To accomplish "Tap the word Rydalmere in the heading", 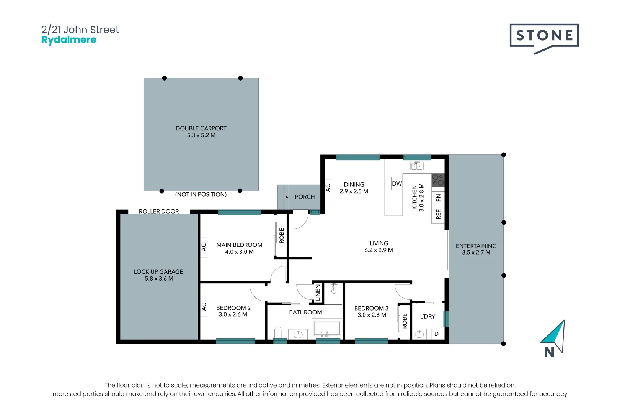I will click(x=69, y=40).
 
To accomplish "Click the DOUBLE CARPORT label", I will click(x=201, y=128).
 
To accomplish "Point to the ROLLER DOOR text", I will click(x=159, y=211).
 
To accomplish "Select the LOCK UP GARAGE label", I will click(x=158, y=272).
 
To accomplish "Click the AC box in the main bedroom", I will click(x=204, y=247).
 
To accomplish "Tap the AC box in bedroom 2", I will click(x=204, y=307).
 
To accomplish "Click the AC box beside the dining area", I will click(x=328, y=188).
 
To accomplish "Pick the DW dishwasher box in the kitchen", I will click(x=397, y=184).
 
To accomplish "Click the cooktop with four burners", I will click(x=438, y=180).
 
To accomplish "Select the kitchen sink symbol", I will click(x=417, y=166).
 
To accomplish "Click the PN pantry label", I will click(x=438, y=198).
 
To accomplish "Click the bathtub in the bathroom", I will click(x=326, y=329).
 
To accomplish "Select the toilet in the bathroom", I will click(x=278, y=332).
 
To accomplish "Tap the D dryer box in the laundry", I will click(x=436, y=334).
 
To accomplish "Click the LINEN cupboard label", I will click(x=318, y=292).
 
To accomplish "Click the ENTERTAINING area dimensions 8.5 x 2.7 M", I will click(x=476, y=252).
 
